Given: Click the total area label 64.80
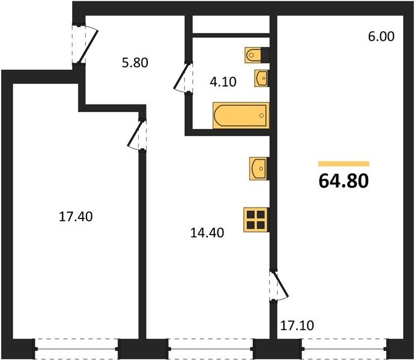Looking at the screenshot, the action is (x=344, y=181).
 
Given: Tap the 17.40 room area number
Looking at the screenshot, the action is (x=76, y=217).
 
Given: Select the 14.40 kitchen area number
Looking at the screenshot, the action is (x=207, y=233).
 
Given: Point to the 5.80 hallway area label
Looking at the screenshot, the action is (x=135, y=63).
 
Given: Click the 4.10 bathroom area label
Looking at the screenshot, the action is (x=223, y=82).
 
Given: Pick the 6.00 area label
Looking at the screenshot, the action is (x=381, y=36).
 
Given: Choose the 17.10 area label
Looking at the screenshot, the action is (x=297, y=325).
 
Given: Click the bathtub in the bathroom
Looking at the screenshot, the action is (x=241, y=116).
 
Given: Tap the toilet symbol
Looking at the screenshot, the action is (x=256, y=55).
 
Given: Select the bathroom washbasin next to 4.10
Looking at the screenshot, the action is (x=262, y=78).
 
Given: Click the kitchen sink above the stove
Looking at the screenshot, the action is (x=259, y=169).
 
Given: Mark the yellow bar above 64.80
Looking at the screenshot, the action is (x=344, y=164).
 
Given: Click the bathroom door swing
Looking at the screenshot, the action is (x=183, y=77).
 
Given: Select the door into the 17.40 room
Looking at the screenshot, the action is (x=136, y=135).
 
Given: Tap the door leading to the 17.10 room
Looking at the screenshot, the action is (x=279, y=286).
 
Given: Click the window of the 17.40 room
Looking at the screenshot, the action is (x=76, y=349).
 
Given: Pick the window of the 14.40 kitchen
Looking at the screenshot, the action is (x=211, y=349).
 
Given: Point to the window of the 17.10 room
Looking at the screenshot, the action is (x=344, y=349).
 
